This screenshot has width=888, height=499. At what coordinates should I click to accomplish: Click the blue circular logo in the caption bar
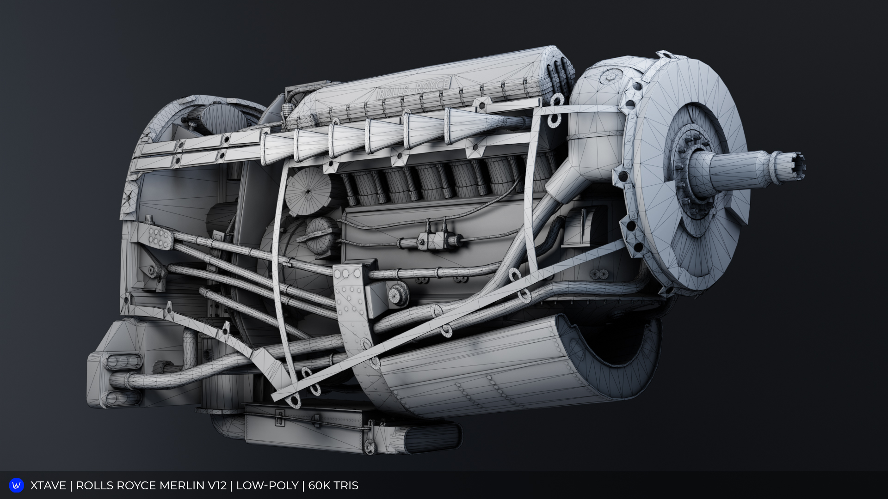pos(16,485)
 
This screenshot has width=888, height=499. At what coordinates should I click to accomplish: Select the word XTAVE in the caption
pos(48,486)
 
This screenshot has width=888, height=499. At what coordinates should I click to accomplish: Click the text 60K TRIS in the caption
pos(333,486)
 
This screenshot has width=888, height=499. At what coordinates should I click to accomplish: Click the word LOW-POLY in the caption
pos(267,486)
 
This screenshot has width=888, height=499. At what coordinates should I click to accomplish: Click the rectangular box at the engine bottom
pos(305,427)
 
